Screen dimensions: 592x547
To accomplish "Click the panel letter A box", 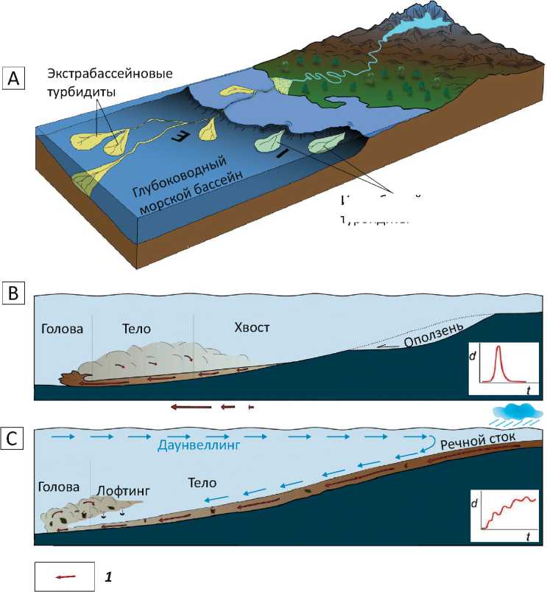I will coord(14,77).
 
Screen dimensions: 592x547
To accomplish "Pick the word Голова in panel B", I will coord(64,328).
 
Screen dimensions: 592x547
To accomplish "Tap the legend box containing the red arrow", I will coord(64,574).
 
